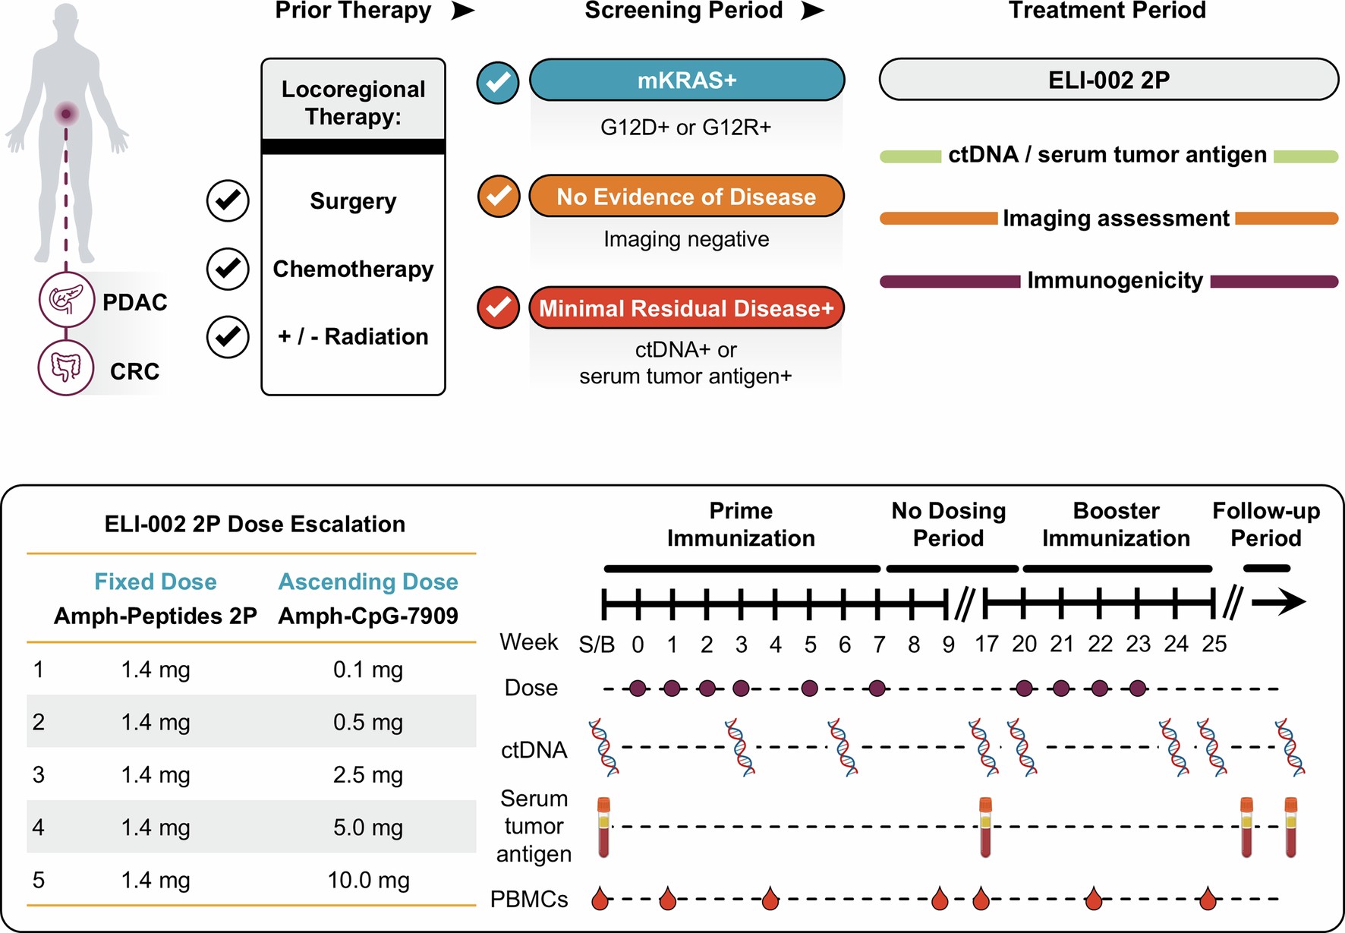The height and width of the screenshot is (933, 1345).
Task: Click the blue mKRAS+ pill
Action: (x=686, y=80)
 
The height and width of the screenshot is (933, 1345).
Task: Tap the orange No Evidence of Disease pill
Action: (x=686, y=197)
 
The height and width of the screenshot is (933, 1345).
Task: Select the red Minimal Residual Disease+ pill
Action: (x=686, y=308)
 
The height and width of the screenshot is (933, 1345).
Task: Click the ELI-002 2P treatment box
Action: (x=1108, y=80)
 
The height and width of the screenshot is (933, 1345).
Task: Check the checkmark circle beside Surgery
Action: (x=228, y=201)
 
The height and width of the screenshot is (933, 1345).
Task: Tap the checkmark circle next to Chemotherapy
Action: (x=228, y=269)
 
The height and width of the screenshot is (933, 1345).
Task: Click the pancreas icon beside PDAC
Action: (x=66, y=301)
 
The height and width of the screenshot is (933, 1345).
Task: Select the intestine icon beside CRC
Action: (x=66, y=368)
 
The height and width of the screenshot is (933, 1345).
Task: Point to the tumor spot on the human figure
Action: (x=67, y=114)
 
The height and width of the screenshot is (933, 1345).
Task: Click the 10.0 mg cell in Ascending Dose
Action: (x=368, y=881)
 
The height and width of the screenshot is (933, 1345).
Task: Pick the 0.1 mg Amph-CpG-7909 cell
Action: (x=368, y=670)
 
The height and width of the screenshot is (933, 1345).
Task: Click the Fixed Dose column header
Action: (x=156, y=582)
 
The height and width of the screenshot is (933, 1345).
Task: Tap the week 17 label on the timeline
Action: (x=986, y=645)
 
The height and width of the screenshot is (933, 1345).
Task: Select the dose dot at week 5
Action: (x=810, y=689)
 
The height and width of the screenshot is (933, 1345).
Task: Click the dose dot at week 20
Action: (x=1024, y=689)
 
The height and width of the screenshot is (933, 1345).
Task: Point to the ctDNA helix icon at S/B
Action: (x=604, y=748)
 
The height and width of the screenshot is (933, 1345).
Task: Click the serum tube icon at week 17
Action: (x=985, y=827)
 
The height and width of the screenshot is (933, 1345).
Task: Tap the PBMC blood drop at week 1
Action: (x=668, y=899)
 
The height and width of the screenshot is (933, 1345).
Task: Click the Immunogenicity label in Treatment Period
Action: (x=1115, y=281)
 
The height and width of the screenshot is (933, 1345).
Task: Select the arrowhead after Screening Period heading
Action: (x=812, y=11)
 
